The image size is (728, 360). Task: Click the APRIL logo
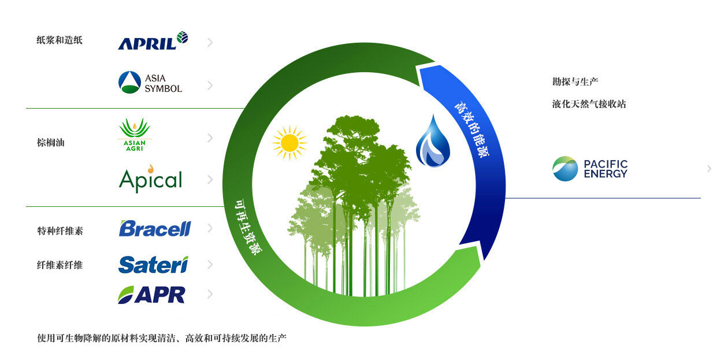[x=153, y=40]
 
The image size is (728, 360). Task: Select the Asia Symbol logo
[x=150, y=83]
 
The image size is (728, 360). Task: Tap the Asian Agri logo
[x=135, y=135]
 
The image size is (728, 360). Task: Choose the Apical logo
[x=150, y=179]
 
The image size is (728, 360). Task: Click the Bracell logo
[x=155, y=228]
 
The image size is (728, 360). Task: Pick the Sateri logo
[x=154, y=265]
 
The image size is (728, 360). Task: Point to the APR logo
[x=151, y=295]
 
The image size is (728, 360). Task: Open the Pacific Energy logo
[x=590, y=169]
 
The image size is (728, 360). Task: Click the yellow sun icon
[x=289, y=143]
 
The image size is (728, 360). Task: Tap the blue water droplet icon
[x=433, y=141]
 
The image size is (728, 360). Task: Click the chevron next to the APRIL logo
[x=210, y=42]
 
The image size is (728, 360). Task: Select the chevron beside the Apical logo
[x=210, y=180]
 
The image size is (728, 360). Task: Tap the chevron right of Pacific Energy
[x=709, y=169]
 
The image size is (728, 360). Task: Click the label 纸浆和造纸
[x=60, y=40]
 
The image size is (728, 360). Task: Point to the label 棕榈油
[x=51, y=142]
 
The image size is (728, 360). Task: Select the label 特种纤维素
[x=60, y=231]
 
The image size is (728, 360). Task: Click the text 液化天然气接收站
[x=589, y=104]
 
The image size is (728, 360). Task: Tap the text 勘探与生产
[x=575, y=81]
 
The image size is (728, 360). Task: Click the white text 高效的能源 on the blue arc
[x=471, y=129]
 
